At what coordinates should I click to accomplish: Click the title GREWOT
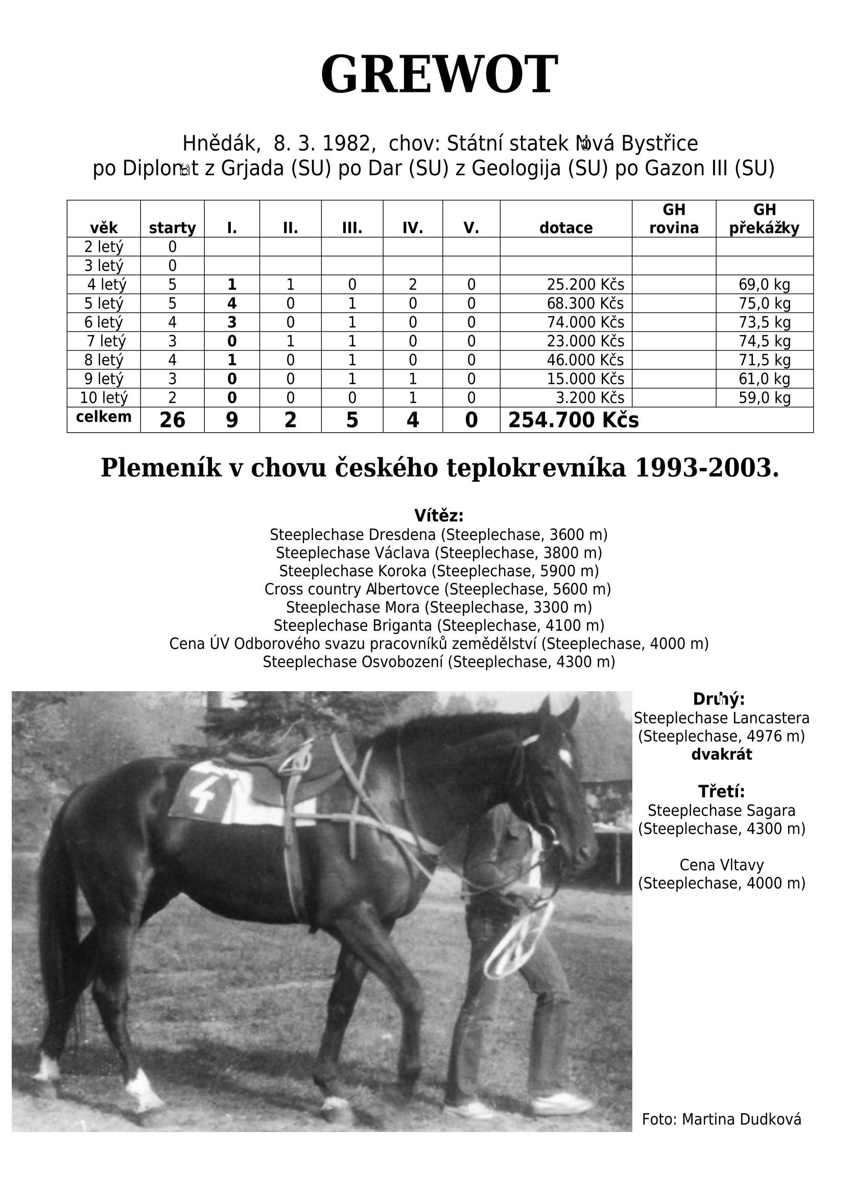(439, 75)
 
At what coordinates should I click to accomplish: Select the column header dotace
(565, 228)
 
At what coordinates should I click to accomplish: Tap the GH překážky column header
(764, 219)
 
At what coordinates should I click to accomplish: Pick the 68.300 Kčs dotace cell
(585, 303)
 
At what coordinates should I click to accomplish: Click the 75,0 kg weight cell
(764, 303)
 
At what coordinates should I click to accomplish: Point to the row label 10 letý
(104, 397)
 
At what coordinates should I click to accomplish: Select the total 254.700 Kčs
(573, 420)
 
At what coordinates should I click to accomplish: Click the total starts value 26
(172, 420)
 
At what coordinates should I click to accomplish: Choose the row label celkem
(104, 417)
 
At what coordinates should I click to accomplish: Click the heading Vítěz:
(439, 515)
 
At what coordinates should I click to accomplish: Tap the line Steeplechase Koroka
(439, 571)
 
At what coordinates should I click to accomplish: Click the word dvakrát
(721, 755)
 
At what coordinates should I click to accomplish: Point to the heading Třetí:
(721, 791)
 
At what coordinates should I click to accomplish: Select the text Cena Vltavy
(721, 865)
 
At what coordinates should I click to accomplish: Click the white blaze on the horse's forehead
(566, 757)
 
